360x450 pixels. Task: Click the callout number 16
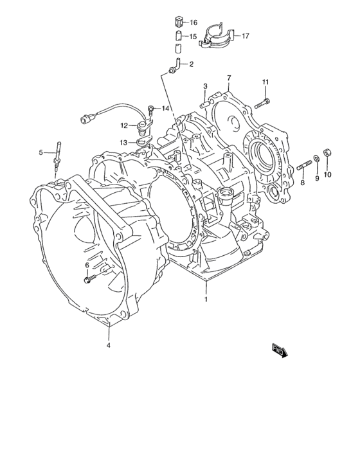pos(194,22)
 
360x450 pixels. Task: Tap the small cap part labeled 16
pos(179,21)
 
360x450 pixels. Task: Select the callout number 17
pos(246,36)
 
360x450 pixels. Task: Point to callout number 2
pos(192,64)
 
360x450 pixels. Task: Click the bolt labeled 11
pos(262,104)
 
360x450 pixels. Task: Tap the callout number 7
pos(229,78)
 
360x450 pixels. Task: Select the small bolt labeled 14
pos(150,110)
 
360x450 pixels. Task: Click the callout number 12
pos(123,125)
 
